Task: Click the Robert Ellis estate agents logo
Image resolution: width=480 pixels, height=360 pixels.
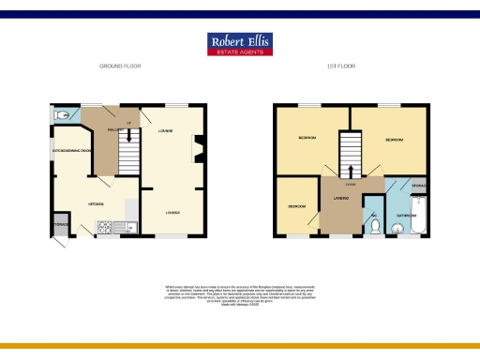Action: (239, 44)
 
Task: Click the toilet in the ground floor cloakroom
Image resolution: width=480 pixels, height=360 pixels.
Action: (62, 115)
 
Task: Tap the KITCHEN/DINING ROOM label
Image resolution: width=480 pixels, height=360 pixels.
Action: (71, 151)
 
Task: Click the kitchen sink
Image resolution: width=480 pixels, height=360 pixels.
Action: (128, 226)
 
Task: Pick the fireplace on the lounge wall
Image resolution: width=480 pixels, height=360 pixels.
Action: (197, 145)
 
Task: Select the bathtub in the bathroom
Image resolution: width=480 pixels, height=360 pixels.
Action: (421, 214)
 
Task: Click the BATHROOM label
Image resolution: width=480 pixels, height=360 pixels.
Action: (406, 214)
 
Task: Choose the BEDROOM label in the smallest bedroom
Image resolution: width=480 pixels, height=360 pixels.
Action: (296, 205)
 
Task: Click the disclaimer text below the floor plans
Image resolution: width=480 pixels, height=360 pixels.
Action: (239, 292)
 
